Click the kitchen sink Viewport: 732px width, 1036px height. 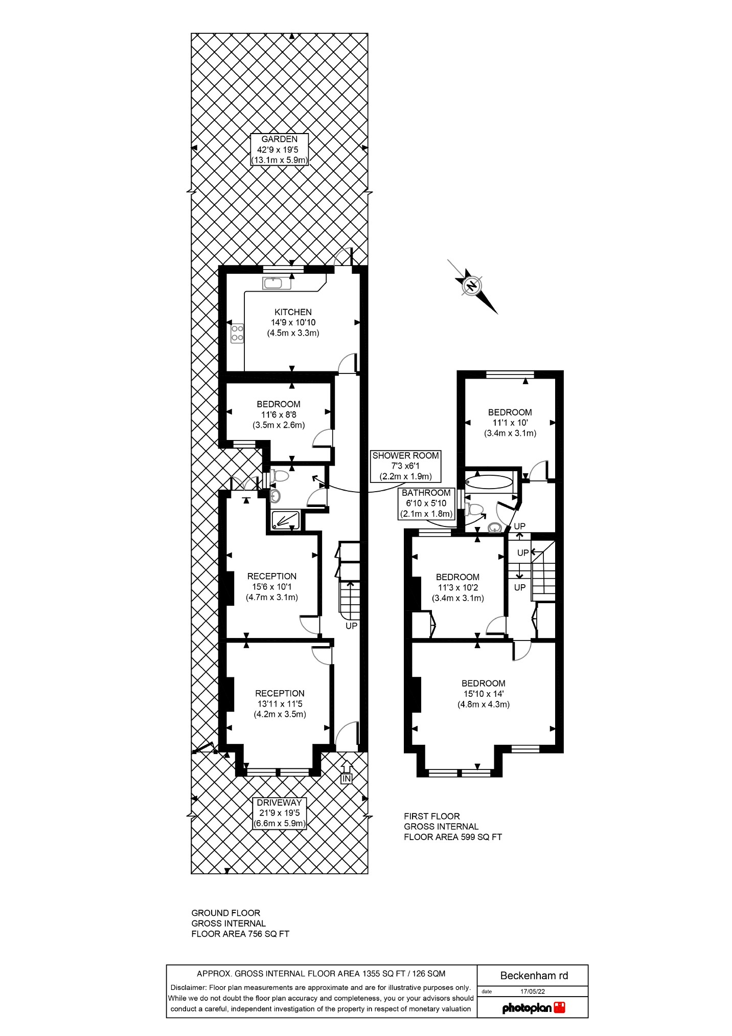(277, 283)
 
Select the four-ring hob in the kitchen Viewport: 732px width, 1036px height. (237, 333)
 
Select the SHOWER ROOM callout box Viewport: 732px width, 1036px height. (405, 466)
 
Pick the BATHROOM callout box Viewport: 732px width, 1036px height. (426, 503)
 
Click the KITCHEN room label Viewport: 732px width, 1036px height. (293, 312)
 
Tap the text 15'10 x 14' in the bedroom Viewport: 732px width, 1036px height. (483, 694)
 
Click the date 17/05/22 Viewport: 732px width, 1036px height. (532, 991)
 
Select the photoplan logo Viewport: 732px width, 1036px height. (533, 1008)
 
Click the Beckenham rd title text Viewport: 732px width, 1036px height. (534, 976)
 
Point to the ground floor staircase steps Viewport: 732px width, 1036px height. (349, 599)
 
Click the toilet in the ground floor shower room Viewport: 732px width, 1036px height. (280, 476)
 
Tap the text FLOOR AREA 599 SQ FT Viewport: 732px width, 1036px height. (453, 837)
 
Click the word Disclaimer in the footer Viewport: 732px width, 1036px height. (188, 987)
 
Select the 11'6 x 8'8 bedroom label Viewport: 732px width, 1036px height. (279, 414)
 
